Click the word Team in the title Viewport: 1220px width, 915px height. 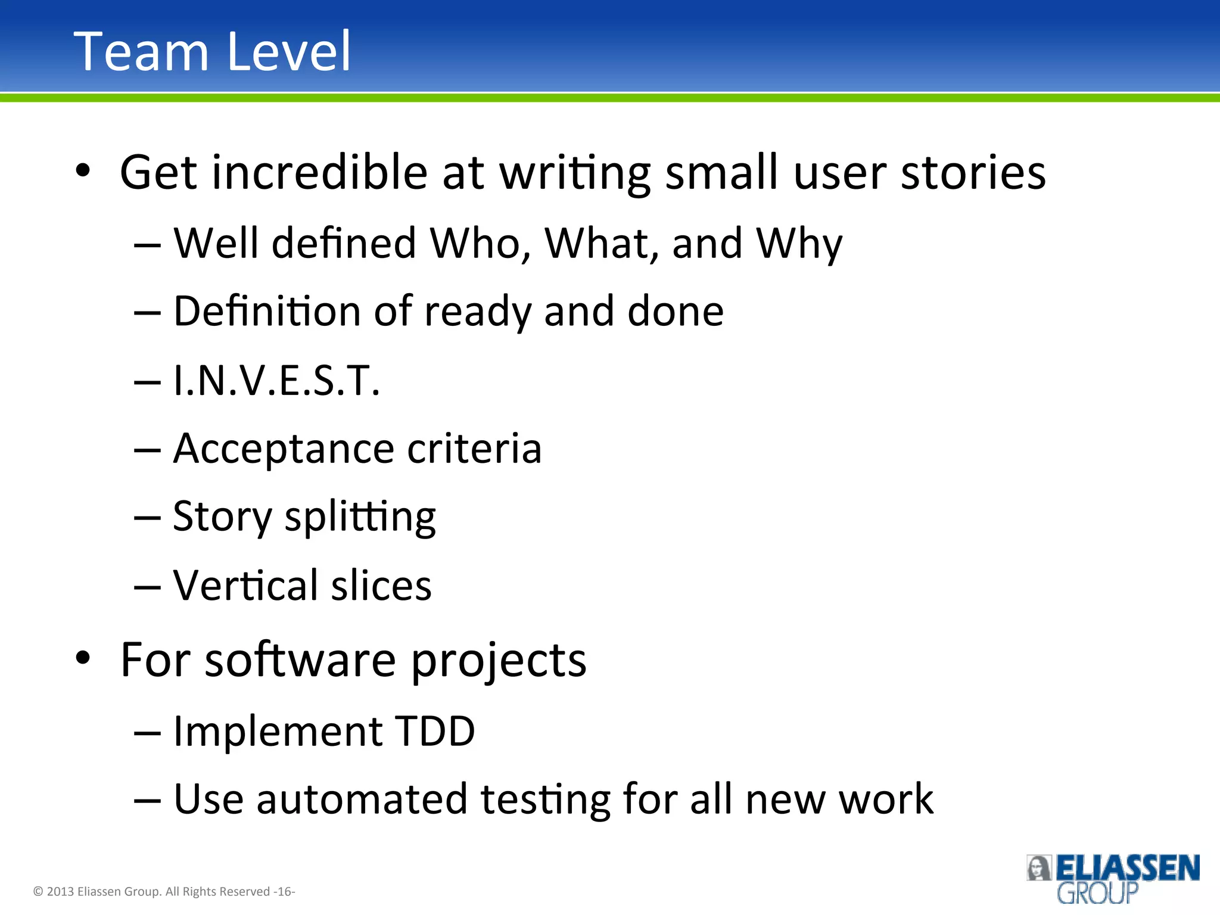pyautogui.click(x=141, y=52)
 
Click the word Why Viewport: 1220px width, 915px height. pyautogui.click(x=799, y=245)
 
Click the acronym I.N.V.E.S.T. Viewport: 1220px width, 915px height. pyautogui.click(x=276, y=381)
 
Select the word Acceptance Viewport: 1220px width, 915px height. pyautogui.click(x=284, y=449)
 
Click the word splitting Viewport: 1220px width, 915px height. pyautogui.click(x=360, y=517)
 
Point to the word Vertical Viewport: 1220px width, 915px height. pyautogui.click(x=245, y=585)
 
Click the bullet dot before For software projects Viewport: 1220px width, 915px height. pyautogui.click(x=83, y=658)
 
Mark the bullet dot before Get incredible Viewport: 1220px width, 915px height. pyautogui.click(x=83, y=171)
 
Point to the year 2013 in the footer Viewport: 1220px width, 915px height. pyautogui.click(x=60, y=892)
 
